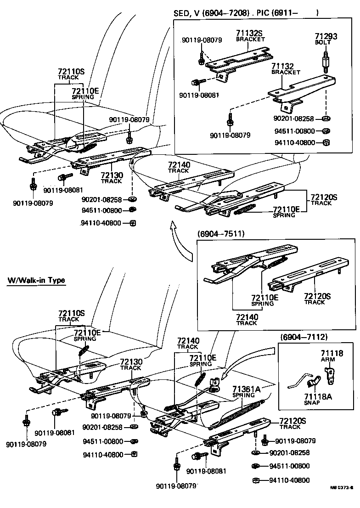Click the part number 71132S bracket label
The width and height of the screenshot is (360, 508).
pos(250,36)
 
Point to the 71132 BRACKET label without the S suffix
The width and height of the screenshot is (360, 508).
pos(286,69)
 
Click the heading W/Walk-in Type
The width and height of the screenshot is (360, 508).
pos(36,280)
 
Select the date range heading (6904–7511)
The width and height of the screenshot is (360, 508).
pos(221,234)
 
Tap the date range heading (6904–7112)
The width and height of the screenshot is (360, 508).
pos(304,337)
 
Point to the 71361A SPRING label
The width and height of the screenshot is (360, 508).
pos(246,391)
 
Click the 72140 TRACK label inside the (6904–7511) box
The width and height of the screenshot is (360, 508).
pos(247,319)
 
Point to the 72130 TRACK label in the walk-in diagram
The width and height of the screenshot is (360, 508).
pos(131,364)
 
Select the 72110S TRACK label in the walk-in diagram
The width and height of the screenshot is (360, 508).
pos(71,316)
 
